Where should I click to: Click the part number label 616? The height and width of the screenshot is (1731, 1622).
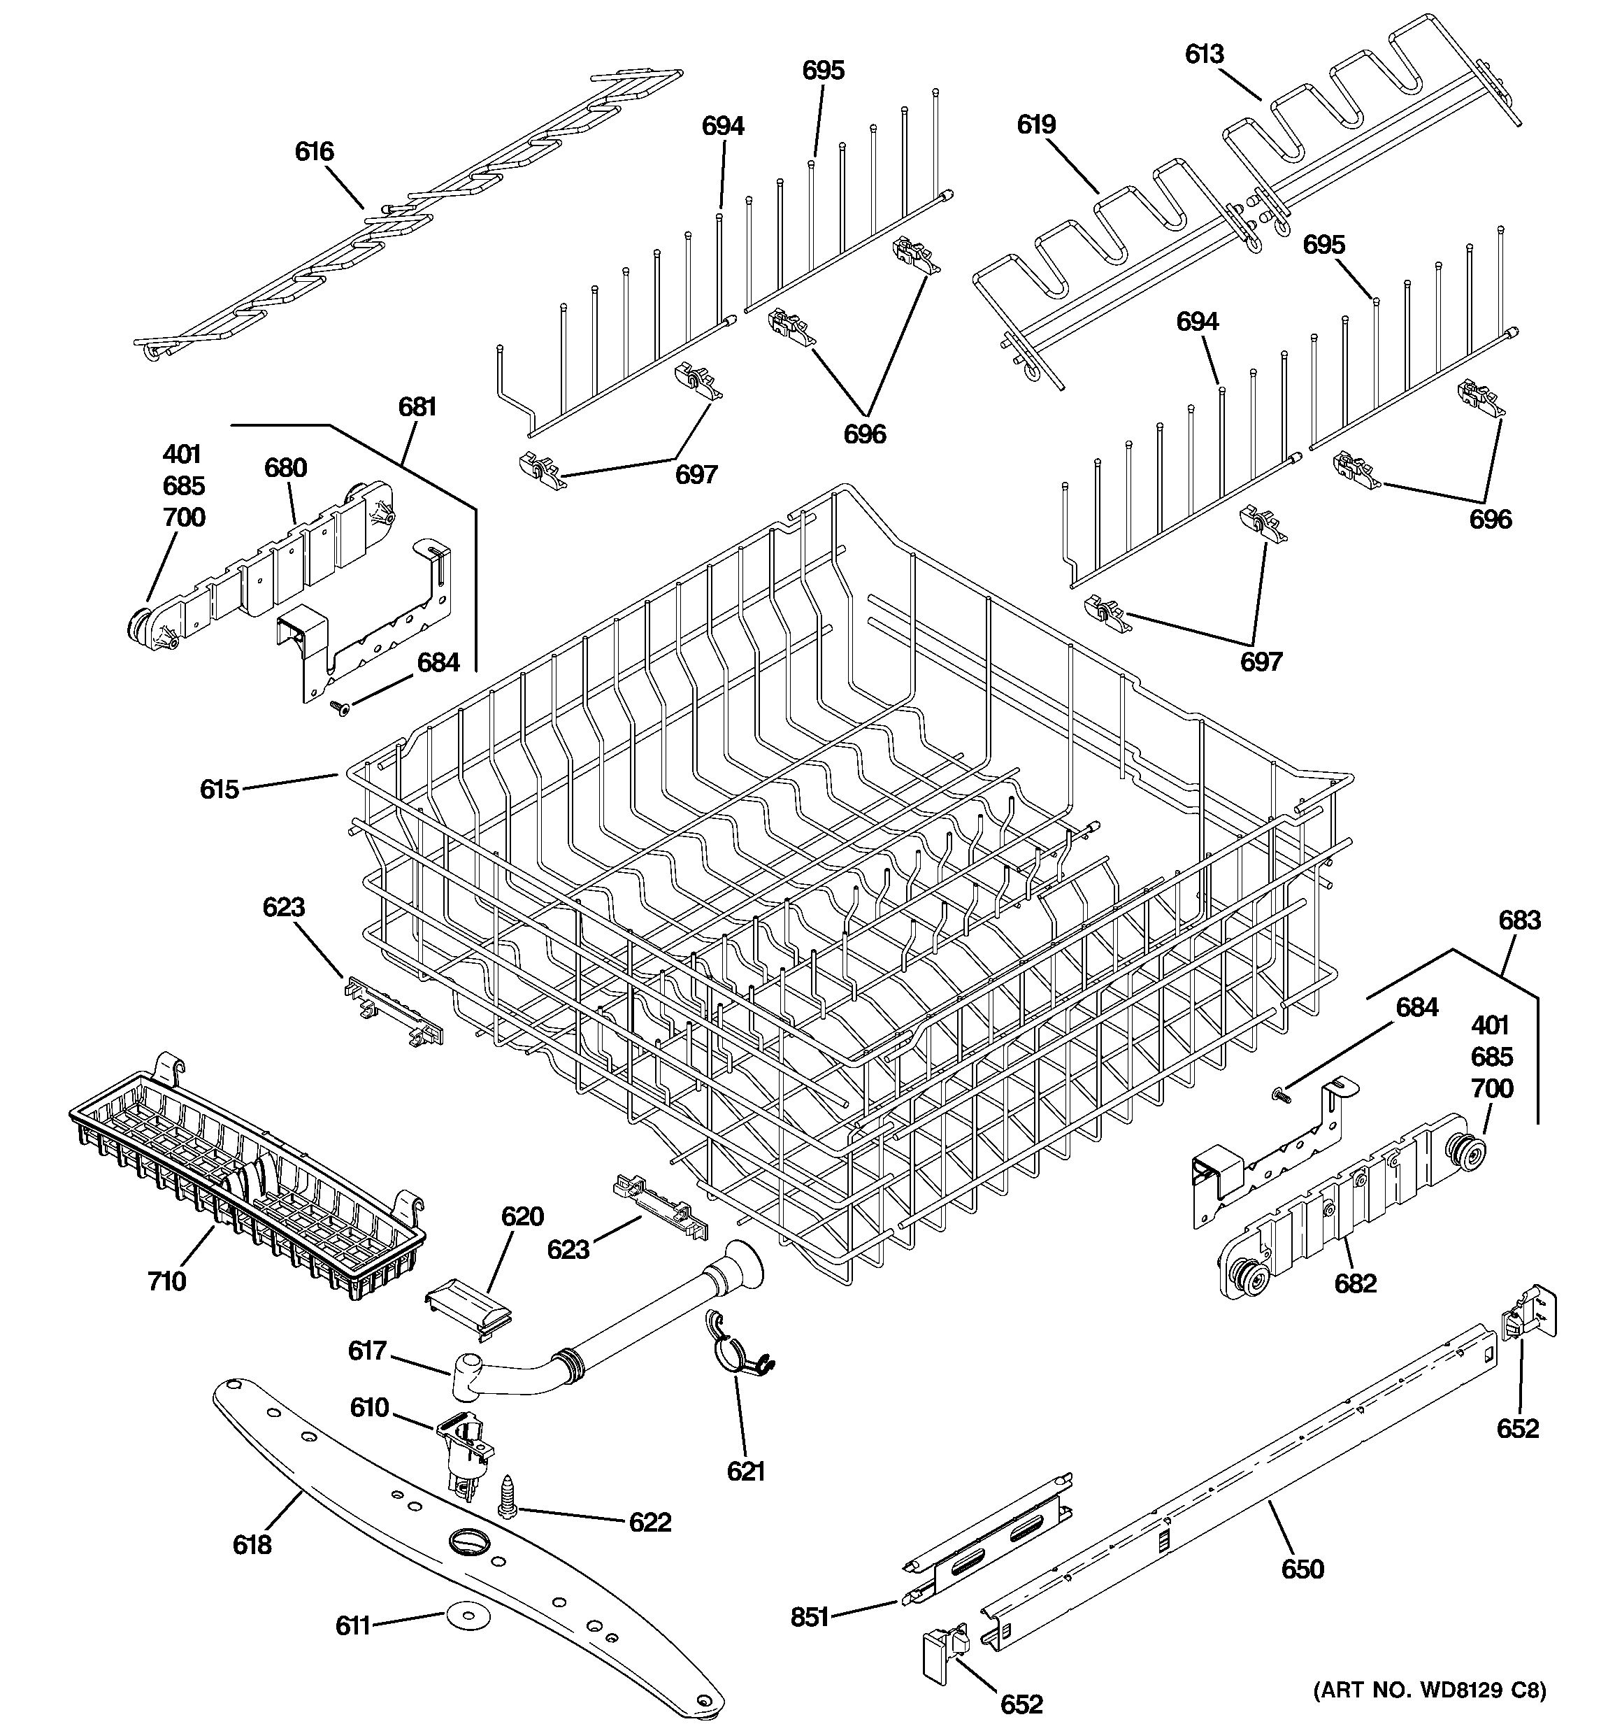[315, 152]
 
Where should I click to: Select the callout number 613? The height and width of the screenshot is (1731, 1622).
[1204, 54]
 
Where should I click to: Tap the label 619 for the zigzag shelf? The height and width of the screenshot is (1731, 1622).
[1036, 124]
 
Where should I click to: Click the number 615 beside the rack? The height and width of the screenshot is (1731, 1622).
[219, 789]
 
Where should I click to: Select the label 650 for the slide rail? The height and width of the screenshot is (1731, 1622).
[1302, 1569]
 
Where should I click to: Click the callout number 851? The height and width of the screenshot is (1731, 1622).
[810, 1617]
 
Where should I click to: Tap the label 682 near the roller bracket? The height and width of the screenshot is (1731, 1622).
[1356, 1283]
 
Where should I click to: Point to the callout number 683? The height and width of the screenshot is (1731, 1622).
[1519, 920]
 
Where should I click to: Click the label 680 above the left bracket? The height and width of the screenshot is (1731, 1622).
[285, 469]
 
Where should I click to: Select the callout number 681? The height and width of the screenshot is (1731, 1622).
[417, 406]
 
